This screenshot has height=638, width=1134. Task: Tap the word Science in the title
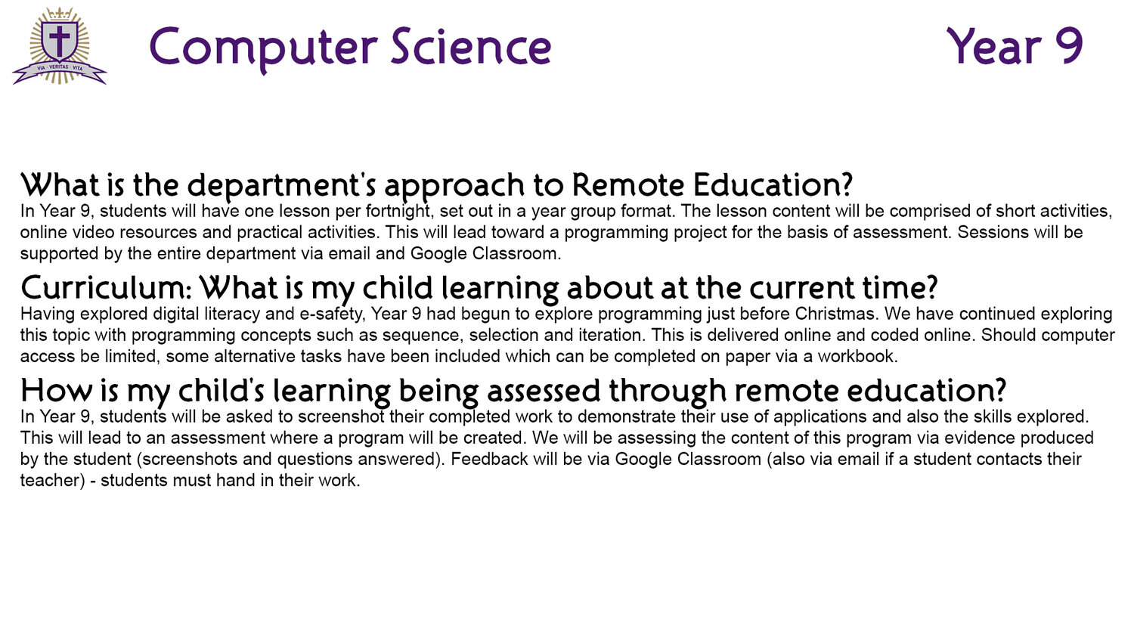point(471,47)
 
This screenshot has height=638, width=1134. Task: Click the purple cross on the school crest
point(59,40)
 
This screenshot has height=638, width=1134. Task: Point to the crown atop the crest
point(60,14)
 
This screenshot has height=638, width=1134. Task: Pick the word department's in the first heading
point(281,185)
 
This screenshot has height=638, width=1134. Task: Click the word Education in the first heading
point(773,184)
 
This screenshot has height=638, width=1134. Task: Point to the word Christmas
point(836,314)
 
